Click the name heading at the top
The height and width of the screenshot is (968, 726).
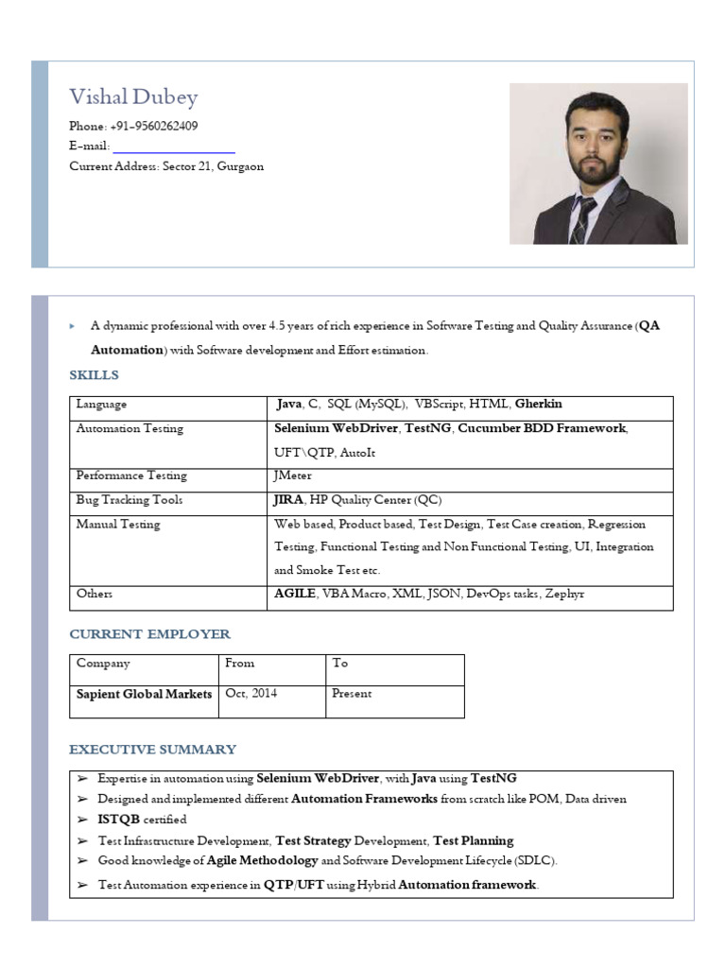(x=133, y=97)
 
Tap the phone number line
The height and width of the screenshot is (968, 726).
(x=133, y=127)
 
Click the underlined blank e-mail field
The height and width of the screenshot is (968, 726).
(x=174, y=147)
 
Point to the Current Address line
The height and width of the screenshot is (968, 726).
(x=166, y=166)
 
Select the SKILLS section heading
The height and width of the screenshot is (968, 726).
(x=95, y=375)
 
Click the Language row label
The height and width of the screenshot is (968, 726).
(x=101, y=405)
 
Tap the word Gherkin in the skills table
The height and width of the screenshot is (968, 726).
(x=539, y=405)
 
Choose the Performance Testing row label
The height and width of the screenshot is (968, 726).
(x=131, y=475)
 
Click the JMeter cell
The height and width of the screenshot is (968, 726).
(x=292, y=475)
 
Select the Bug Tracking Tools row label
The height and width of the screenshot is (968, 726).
(x=130, y=500)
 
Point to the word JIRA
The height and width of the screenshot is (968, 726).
(x=289, y=500)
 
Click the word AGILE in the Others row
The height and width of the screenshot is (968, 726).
(x=295, y=594)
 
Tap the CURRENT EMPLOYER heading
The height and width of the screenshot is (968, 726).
(x=149, y=633)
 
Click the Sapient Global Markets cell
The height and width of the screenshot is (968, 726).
(x=144, y=694)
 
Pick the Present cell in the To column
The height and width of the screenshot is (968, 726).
(x=352, y=694)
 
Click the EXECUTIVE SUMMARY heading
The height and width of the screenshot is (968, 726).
(x=152, y=750)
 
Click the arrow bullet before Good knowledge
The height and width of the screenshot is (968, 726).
(x=82, y=861)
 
